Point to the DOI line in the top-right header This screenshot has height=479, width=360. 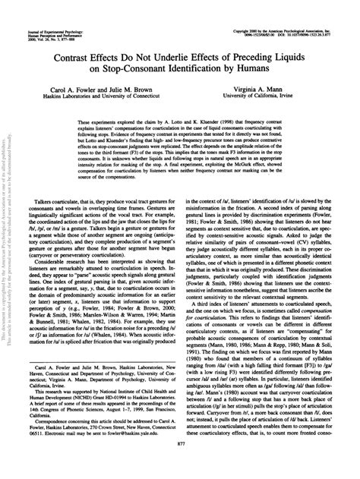point(293,12)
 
